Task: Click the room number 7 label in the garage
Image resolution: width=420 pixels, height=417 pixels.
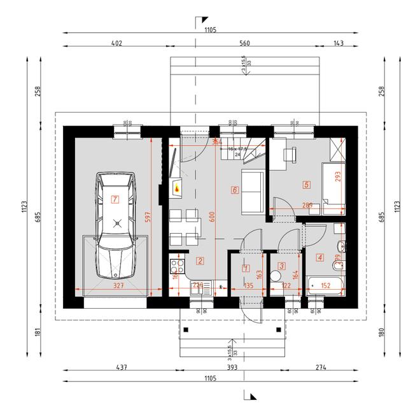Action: coord(115,199)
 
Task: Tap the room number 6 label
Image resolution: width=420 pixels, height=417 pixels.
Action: coord(235,190)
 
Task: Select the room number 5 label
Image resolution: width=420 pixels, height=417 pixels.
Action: coord(307,185)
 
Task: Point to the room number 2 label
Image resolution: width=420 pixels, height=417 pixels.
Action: coord(200,260)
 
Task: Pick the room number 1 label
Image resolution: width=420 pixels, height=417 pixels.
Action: coord(246,269)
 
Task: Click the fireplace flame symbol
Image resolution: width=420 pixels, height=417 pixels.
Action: coord(176,188)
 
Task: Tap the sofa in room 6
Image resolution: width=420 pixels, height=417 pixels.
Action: coord(253,192)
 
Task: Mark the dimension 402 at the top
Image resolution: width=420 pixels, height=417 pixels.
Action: coord(116,44)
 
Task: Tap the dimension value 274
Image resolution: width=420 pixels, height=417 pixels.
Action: coord(319,367)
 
